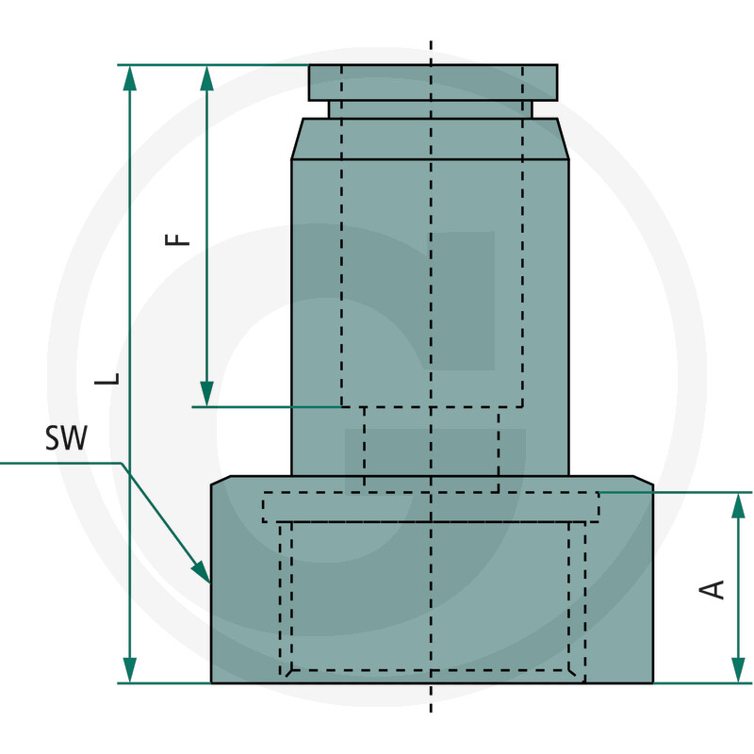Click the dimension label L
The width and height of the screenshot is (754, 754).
point(111,377)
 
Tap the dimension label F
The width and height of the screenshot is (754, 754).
point(178,236)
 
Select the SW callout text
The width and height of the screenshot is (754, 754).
point(65,438)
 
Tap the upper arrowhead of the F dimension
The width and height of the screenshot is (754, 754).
point(206,76)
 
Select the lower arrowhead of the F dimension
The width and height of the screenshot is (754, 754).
point(206,395)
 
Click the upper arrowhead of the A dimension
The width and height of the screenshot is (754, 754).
point(736,504)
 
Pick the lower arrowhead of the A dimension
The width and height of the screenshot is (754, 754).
point(736,671)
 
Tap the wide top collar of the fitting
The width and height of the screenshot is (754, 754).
point(433,82)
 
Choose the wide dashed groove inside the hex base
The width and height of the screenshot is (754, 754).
point(431,507)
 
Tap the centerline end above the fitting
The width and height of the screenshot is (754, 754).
point(431,44)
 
